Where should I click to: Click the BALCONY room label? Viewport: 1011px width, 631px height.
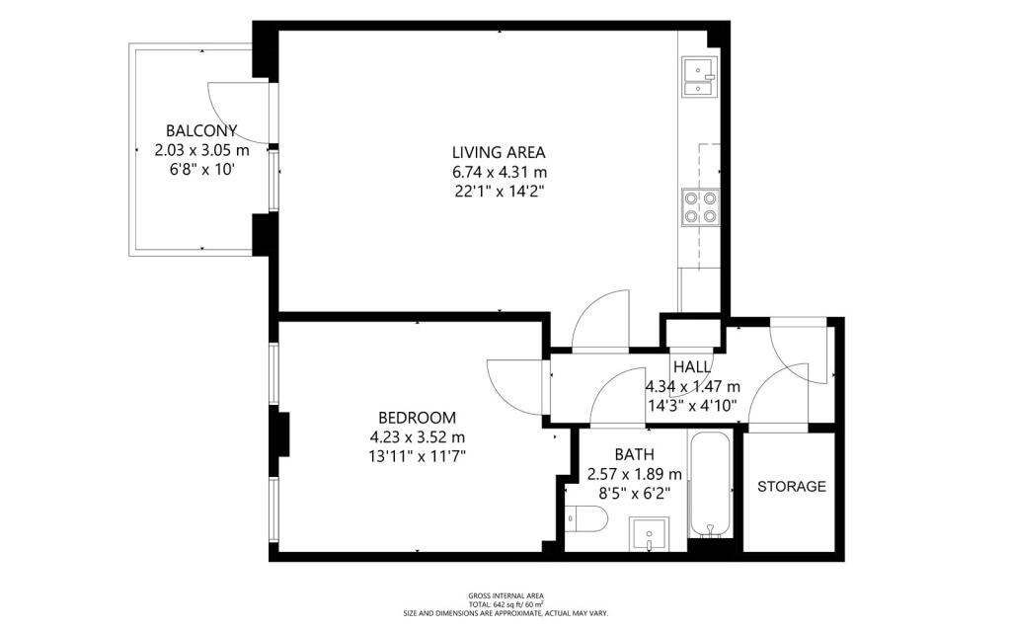click(x=201, y=131)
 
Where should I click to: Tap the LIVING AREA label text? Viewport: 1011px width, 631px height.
click(x=499, y=153)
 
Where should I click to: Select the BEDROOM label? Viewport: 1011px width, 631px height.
click(x=418, y=418)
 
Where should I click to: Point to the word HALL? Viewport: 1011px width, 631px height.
click(x=692, y=367)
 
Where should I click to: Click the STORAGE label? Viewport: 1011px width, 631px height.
click(x=792, y=487)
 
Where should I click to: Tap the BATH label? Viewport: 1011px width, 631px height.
click(x=635, y=455)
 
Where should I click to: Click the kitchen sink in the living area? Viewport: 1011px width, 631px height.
click(x=700, y=77)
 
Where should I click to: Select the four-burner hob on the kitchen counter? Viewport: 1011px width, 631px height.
click(x=700, y=207)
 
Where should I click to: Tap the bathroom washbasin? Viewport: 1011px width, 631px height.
click(x=650, y=534)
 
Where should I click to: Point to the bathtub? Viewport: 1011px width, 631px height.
click(x=710, y=485)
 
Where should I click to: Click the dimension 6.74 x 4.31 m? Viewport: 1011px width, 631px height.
click(x=499, y=172)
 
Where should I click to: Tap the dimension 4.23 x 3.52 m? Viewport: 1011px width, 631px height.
click(x=418, y=436)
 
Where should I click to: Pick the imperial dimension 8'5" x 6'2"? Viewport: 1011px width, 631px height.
click(x=635, y=494)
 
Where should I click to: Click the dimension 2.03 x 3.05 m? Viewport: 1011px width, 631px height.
click(x=201, y=150)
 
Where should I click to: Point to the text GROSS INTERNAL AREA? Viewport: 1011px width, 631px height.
click(x=506, y=596)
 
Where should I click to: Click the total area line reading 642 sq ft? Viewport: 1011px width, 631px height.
click(x=506, y=604)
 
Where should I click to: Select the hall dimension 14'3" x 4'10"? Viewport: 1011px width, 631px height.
click(x=692, y=406)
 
